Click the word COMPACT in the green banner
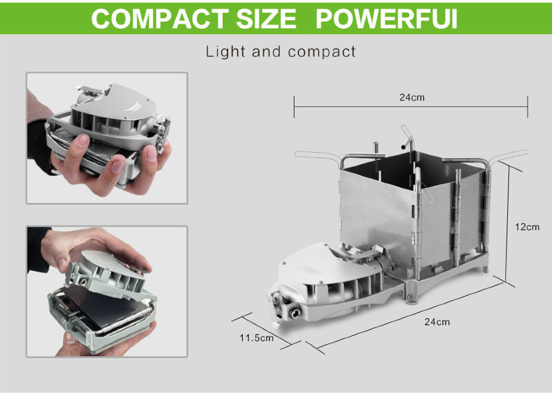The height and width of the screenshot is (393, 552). point(160,18)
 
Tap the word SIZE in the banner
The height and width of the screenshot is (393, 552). point(266,18)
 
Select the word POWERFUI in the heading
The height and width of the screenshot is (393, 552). point(386,18)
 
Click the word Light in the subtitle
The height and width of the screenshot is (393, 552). point(225,52)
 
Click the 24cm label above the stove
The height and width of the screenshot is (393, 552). point(412,97)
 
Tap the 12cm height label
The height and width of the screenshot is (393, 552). point(527,227)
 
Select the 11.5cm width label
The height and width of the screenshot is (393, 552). point(256,338)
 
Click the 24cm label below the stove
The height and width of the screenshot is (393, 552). point(437,322)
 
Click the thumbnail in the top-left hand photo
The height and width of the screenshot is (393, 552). point(82,141)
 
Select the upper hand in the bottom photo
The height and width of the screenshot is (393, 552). point(92,251)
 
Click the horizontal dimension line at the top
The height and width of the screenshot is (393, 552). point(411,107)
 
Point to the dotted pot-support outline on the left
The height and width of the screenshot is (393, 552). point(317,156)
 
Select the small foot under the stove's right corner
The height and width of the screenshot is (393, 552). point(486,270)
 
